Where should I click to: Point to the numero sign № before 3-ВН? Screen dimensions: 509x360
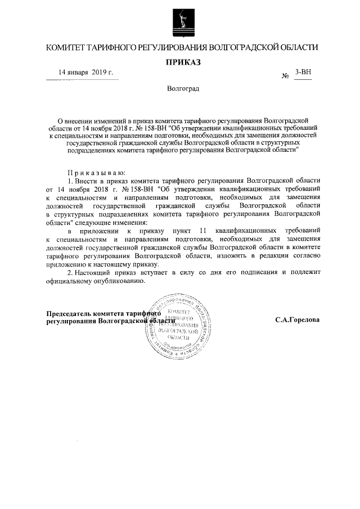point(285,76)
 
